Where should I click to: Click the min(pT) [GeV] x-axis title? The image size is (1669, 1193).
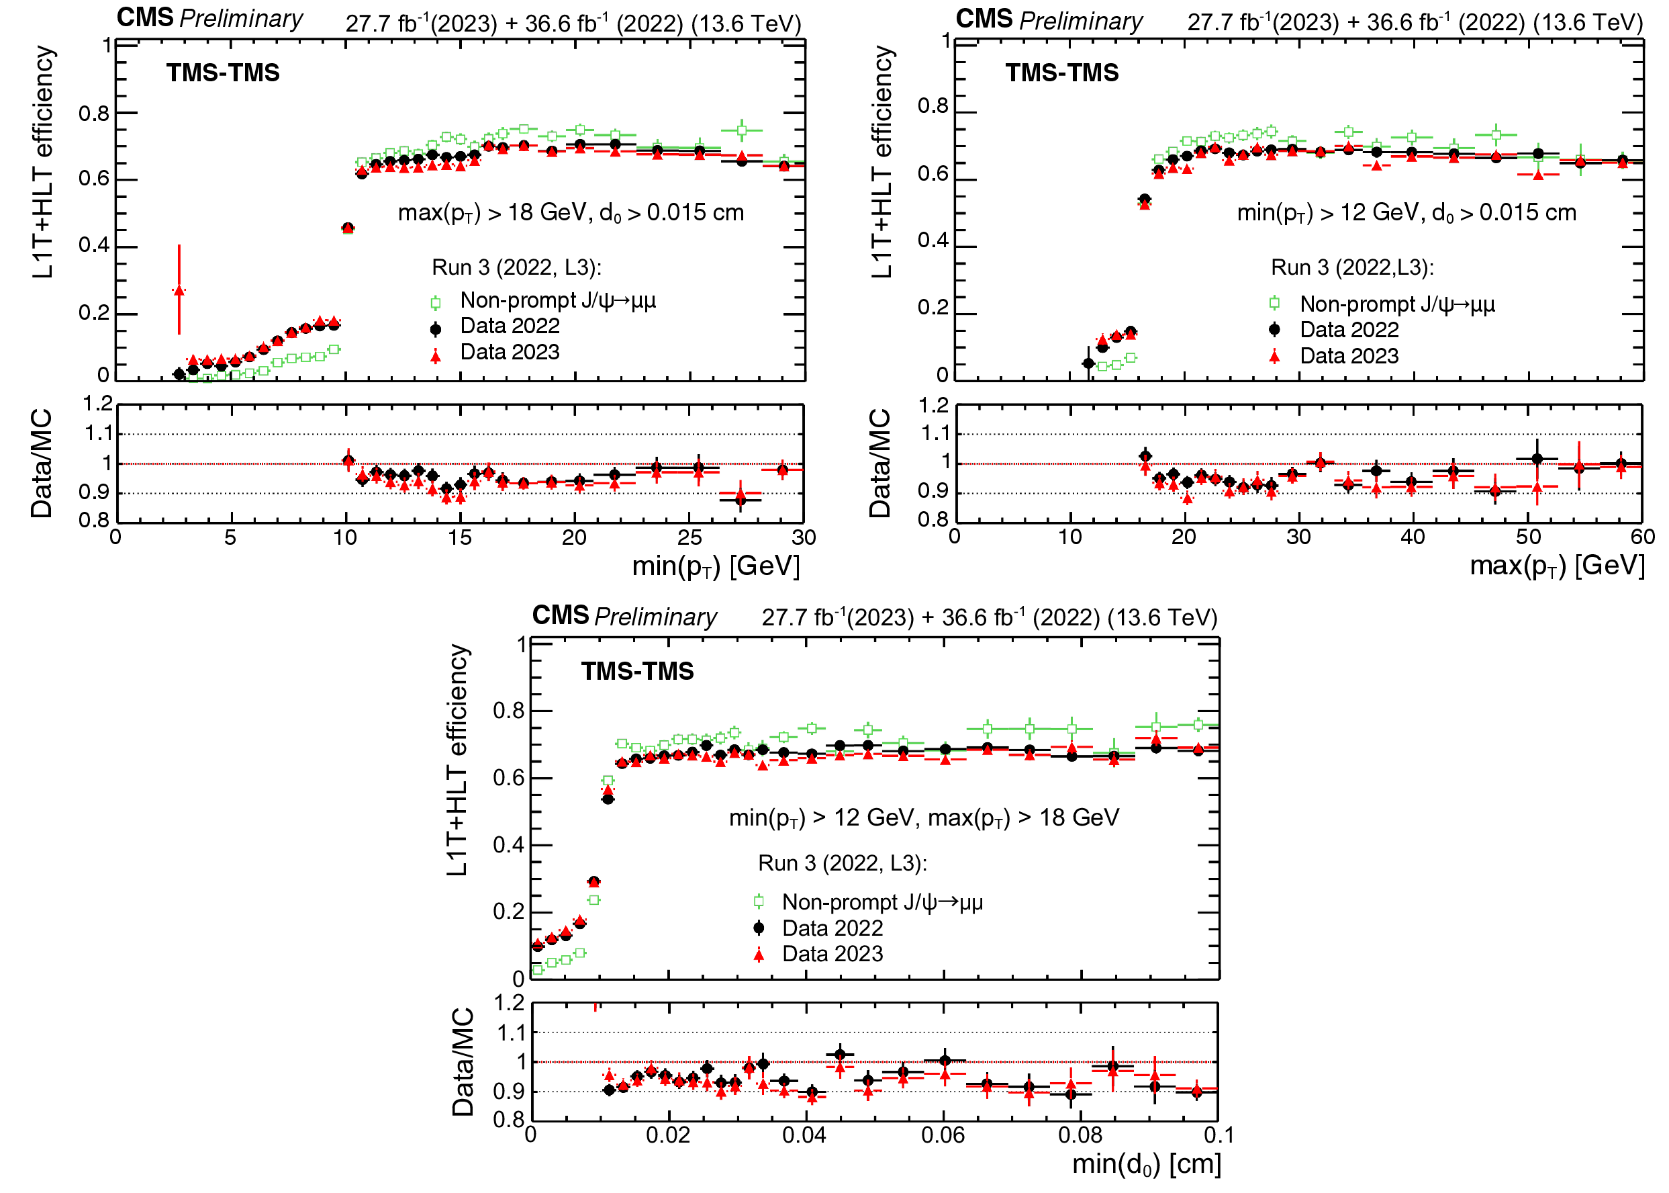715,566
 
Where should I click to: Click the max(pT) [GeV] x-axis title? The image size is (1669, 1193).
1557,566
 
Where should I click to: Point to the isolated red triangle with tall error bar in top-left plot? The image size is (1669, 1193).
179,290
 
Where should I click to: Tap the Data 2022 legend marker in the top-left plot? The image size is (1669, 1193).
436,328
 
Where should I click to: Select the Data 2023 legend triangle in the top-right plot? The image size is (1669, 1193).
1275,357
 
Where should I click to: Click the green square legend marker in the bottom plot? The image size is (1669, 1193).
759,901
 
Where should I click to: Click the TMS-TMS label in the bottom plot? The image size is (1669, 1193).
637,672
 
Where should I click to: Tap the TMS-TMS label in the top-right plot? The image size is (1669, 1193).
1062,73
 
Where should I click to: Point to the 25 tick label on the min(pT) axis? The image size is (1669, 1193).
689,538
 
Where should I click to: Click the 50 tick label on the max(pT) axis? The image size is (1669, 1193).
1528,537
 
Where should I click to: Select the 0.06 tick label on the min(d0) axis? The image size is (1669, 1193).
943,1136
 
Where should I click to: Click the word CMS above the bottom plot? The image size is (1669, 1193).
560,615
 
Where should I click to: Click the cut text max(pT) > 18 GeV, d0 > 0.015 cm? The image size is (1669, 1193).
571,213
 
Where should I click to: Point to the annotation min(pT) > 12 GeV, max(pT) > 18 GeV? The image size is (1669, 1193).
924,818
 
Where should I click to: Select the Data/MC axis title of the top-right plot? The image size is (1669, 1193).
879,463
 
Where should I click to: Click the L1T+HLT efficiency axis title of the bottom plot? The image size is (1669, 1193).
457,760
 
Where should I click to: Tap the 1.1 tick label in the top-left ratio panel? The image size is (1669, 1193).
99,433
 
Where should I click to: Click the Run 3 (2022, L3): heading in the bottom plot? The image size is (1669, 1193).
842,863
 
